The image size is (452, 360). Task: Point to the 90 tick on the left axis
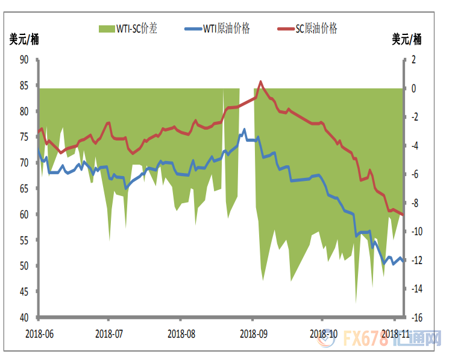[25, 59]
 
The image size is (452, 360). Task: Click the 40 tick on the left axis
[25, 317]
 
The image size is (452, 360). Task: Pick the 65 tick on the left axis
[25, 188]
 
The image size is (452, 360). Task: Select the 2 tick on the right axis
[413, 59]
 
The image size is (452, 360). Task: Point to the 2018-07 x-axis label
[108, 333]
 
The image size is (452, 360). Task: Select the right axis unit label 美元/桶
[407, 40]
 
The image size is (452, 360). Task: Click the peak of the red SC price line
[260, 81]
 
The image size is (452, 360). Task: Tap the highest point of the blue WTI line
[244, 129]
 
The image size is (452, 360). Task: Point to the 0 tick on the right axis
[413, 88]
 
